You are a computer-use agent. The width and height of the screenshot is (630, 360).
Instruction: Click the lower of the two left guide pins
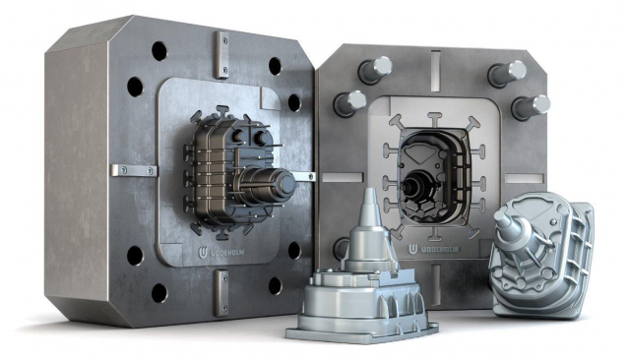[350, 101]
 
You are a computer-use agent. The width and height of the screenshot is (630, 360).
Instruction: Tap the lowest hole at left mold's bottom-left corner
[158, 292]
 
